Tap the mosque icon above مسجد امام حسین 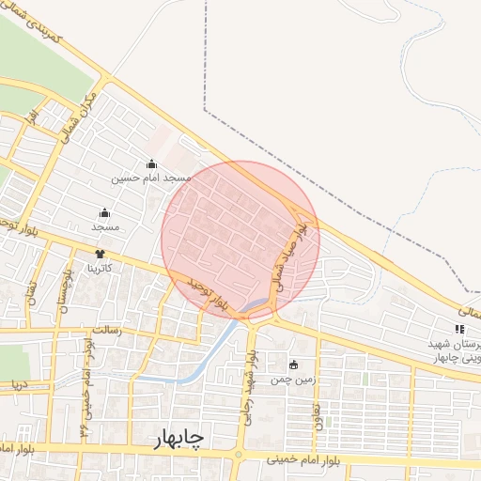coord(151,164)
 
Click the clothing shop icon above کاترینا coord(101,254)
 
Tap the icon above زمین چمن coord(293,365)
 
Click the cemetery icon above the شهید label coord(459,329)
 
